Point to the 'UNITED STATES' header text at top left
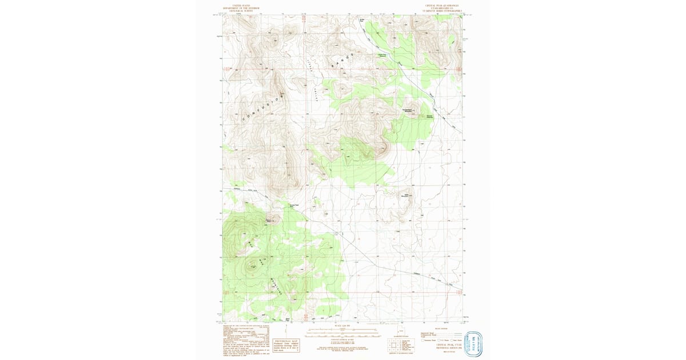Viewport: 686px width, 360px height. point(239,5)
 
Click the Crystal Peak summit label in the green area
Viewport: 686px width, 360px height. point(253,266)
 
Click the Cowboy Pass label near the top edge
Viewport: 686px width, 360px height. point(362,22)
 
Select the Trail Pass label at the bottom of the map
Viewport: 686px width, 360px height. point(288,319)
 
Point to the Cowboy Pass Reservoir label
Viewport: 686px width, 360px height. point(383,55)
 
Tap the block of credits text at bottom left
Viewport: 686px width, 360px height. point(245,337)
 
